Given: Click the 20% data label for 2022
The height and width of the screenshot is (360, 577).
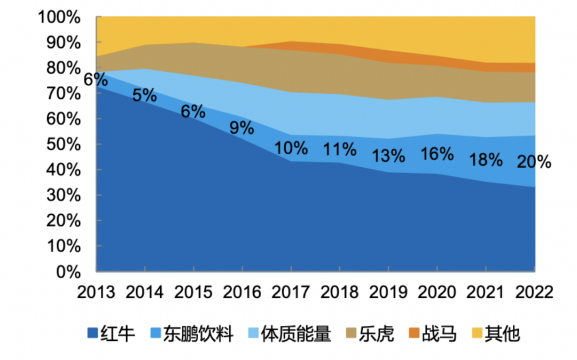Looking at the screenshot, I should click(534, 162).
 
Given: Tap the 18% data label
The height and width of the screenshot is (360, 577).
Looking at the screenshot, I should click(486, 159).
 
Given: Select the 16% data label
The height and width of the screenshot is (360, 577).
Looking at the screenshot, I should click(436, 154).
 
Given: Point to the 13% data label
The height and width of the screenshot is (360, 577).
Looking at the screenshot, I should click(388, 155).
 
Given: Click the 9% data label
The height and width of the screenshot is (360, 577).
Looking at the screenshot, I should click(241, 128).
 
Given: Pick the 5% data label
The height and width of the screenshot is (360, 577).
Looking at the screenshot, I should click(144, 96).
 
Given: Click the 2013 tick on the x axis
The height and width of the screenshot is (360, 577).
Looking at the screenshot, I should click(96, 292).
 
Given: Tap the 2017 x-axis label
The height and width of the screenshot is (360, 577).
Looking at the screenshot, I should click(291, 292).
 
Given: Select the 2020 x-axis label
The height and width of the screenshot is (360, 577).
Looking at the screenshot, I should click(436, 292).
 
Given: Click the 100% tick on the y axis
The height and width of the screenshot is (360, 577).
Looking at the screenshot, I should click(59, 17).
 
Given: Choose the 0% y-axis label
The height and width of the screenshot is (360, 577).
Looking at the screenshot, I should click(68, 272).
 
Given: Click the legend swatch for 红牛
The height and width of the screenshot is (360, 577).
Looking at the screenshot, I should click(92, 334).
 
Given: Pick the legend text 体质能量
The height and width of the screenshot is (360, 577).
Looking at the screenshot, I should click(296, 334).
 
